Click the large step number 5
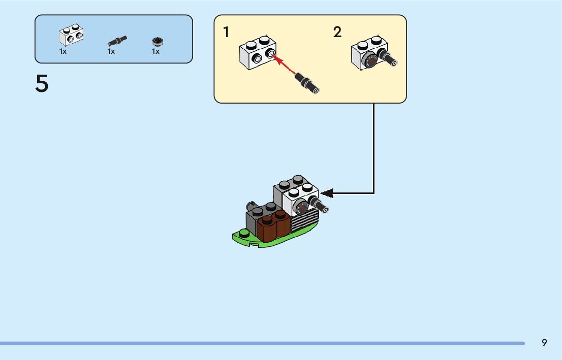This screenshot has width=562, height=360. (42, 84)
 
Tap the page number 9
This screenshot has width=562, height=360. (544, 342)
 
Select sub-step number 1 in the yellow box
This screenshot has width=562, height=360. (226, 32)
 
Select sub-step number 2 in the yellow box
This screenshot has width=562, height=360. (337, 32)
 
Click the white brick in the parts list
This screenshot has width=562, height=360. (71, 35)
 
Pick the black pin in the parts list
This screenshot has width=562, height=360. (117, 40)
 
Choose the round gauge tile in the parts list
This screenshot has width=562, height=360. (157, 41)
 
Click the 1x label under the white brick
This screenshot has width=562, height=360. (63, 51)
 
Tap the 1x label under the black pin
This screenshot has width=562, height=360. (111, 51)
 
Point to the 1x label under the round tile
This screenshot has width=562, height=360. (155, 51)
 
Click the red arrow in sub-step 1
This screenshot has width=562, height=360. (285, 64)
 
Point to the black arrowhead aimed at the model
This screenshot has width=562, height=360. (327, 193)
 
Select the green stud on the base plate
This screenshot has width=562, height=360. (245, 234)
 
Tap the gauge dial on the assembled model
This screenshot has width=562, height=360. (303, 207)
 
